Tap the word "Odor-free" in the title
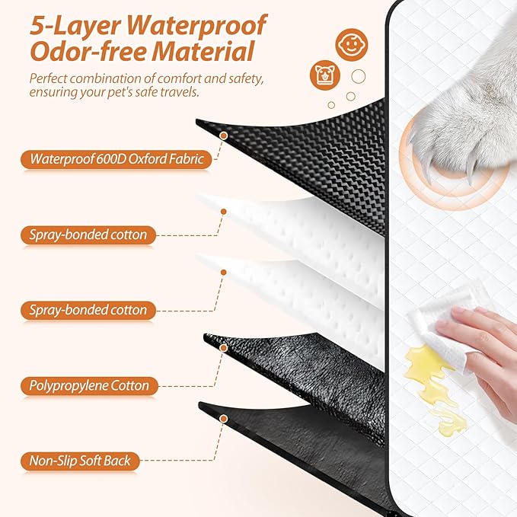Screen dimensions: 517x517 [83, 53]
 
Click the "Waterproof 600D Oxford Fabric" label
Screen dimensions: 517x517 [116, 160]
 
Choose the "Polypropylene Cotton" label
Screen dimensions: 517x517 [89, 385]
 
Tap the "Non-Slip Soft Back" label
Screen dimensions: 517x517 [80, 461]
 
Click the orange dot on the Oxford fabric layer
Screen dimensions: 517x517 [223, 135]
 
